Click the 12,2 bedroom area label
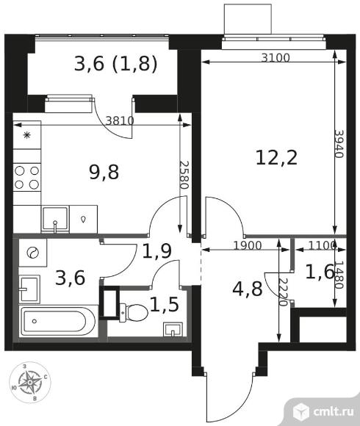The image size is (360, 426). (276, 158)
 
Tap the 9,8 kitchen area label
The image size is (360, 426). (104, 173)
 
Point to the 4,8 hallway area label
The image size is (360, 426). (248, 289)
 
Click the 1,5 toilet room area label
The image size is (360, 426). (165, 304)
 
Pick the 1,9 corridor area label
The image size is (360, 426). (157, 250)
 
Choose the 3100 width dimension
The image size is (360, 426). (276, 57)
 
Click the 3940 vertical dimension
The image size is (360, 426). (339, 144)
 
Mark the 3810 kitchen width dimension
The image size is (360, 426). (120, 120)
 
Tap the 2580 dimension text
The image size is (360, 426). (184, 176)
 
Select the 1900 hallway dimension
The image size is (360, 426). (248, 245)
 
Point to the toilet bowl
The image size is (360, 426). (134, 313)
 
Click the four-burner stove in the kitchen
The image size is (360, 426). (27, 178)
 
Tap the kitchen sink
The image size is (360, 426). (55, 220)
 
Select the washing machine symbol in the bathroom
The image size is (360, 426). (33, 253)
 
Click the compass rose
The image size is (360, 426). (30, 382)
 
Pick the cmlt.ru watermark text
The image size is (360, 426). (334, 411)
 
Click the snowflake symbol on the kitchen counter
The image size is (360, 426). (26, 135)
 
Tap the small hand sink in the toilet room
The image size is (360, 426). (173, 330)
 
